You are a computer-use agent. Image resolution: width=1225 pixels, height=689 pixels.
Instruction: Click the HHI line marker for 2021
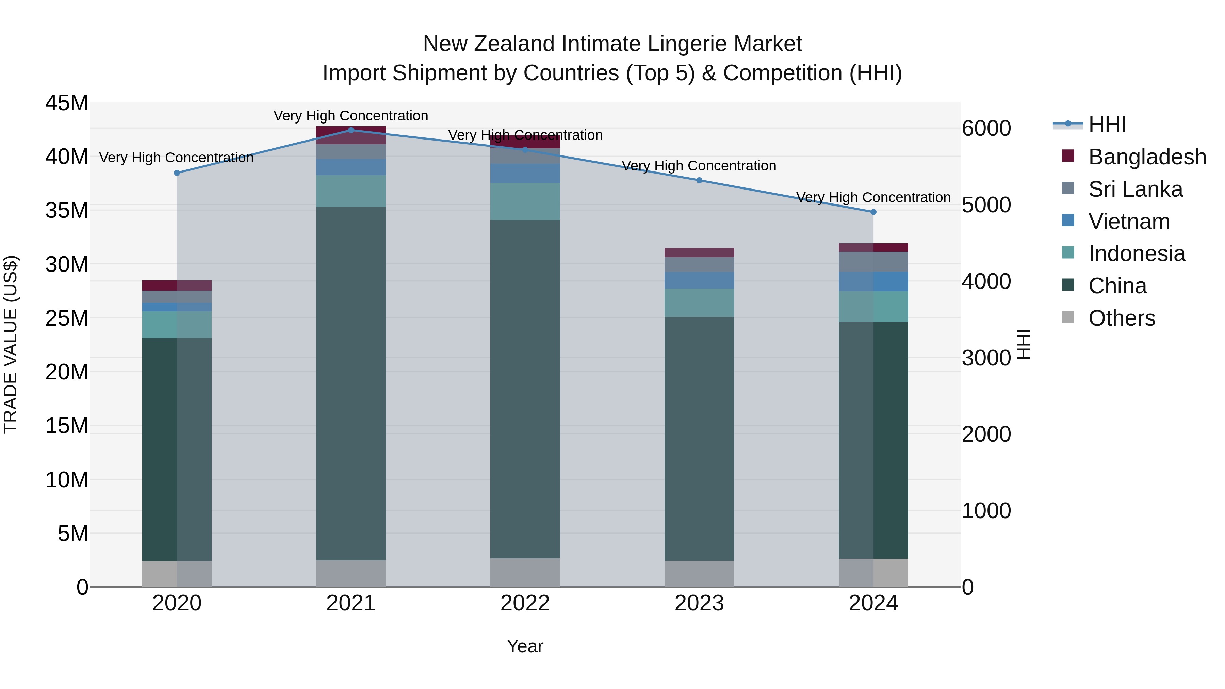click(351, 130)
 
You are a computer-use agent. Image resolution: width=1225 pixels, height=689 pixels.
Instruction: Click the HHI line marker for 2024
click(873, 212)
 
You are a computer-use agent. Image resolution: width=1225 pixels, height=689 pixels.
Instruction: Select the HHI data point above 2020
click(177, 173)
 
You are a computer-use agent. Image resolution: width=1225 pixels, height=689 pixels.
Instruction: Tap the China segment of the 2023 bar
click(699, 438)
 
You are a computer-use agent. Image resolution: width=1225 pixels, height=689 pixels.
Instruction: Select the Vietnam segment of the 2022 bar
click(525, 174)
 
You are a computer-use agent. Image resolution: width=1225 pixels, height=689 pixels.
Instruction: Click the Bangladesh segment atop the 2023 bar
click(699, 252)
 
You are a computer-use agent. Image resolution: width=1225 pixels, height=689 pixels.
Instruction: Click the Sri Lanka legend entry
click(1135, 189)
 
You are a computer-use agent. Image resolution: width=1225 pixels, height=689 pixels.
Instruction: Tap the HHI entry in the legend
click(1107, 125)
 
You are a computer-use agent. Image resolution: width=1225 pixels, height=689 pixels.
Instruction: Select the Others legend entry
click(1121, 318)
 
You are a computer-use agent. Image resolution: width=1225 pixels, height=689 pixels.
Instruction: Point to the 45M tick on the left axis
click(67, 103)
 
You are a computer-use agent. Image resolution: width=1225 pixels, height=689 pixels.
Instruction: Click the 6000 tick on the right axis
click(986, 128)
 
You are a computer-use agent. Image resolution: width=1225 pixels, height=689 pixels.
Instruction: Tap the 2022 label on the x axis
click(525, 603)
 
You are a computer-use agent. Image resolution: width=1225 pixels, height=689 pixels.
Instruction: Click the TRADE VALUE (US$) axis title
click(11, 344)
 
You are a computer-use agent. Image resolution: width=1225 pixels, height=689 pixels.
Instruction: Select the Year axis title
click(525, 646)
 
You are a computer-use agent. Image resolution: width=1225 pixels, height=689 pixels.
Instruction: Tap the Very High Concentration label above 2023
click(699, 166)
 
